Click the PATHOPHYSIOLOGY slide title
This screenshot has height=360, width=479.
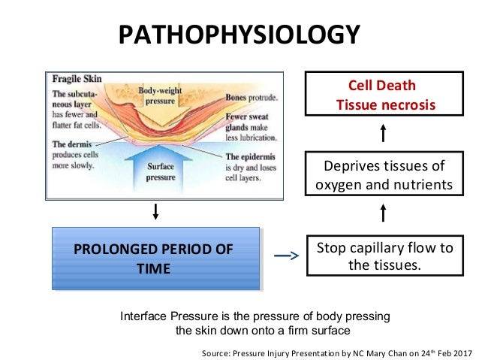(239, 35)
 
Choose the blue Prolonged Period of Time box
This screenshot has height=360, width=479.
(155, 259)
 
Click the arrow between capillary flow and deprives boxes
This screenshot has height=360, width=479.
(383, 213)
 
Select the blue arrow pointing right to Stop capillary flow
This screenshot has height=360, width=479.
(285, 256)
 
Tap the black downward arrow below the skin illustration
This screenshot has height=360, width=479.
(155, 211)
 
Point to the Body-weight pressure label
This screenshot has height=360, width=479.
(160, 96)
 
